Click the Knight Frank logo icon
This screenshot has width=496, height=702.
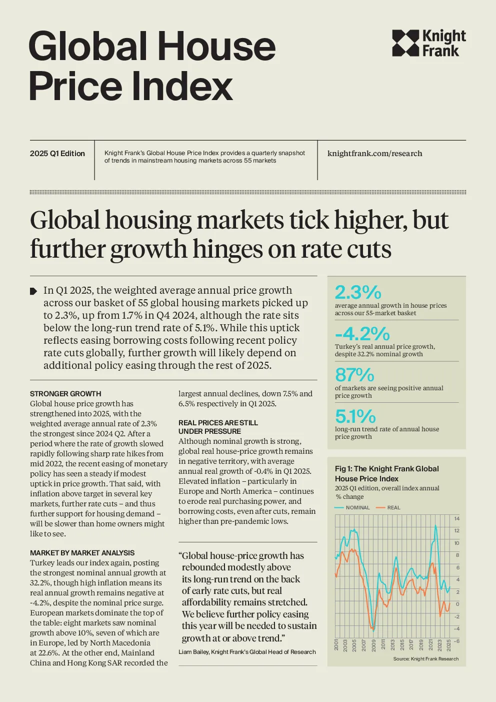(405, 43)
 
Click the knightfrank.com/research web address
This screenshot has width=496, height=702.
(375, 153)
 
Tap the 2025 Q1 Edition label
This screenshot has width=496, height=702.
(57, 154)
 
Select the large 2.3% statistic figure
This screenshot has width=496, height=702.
(358, 292)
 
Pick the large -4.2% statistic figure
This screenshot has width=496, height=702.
(362, 333)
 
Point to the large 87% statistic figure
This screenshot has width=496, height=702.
(354, 374)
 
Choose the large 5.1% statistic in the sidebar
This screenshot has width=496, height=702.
(355, 416)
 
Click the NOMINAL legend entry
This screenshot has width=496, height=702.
(352, 507)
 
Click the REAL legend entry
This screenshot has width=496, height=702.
(388, 507)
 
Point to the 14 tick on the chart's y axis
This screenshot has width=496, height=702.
(457, 519)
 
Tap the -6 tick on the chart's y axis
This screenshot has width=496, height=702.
(456, 640)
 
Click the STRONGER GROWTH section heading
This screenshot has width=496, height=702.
(65, 394)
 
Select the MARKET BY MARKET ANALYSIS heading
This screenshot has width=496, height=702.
(82, 553)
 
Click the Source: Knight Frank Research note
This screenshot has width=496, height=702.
(426, 659)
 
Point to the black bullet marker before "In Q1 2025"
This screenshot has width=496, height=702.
(33, 291)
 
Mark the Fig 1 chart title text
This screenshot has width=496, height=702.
(386, 473)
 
